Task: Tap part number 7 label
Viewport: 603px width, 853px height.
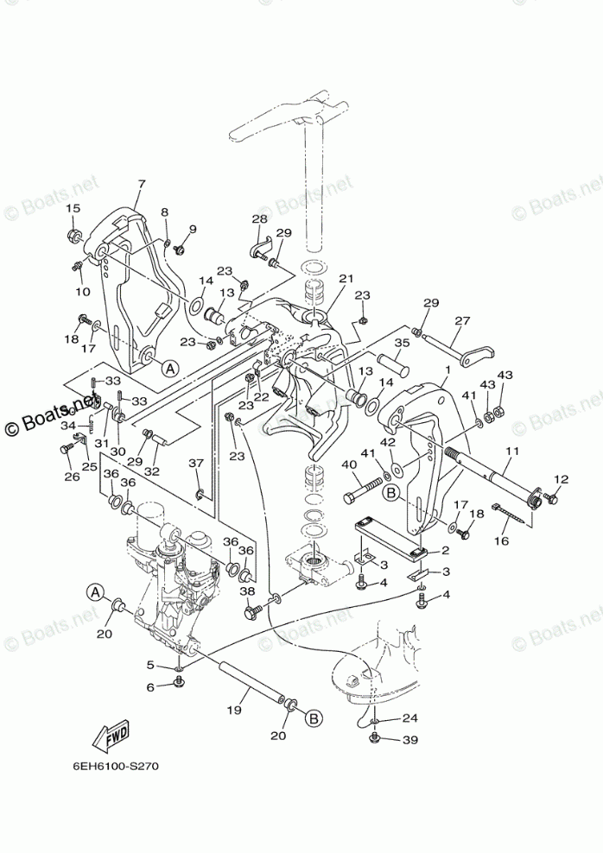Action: pos(141,183)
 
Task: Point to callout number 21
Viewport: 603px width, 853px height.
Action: pos(346,278)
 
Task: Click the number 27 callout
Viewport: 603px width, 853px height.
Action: pos(462,320)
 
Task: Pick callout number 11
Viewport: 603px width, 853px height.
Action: pos(512,452)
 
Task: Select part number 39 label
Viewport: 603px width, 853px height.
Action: pos(409,740)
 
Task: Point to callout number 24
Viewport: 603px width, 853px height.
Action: pos(409,717)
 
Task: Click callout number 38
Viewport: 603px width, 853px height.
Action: pos(247,591)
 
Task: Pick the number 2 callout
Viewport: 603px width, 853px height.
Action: pos(445,550)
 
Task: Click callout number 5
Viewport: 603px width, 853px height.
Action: pos(149,665)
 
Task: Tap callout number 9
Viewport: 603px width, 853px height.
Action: pos(192,229)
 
